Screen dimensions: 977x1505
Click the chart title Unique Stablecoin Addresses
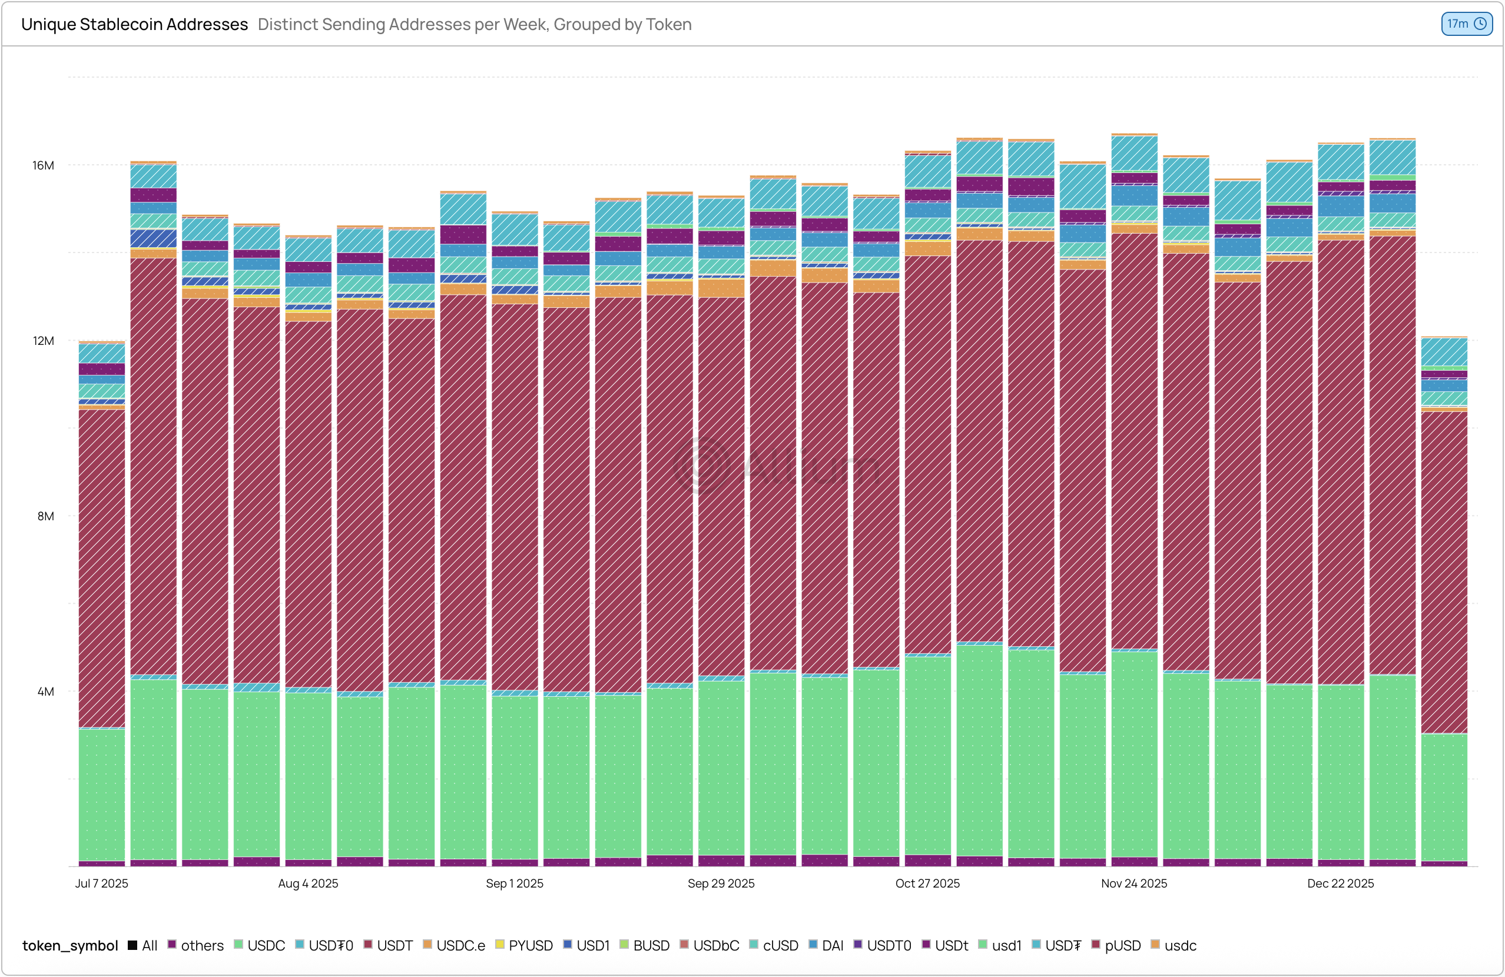134,24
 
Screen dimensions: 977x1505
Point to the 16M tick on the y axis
44,165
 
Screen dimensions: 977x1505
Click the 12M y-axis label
44,341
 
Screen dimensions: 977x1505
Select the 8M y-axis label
45,516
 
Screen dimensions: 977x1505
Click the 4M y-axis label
45,692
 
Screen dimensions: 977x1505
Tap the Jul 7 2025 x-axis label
102,883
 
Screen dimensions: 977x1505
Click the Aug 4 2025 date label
308,883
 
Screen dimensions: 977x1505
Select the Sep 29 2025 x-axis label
721,883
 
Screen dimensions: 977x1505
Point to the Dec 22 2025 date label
1341,883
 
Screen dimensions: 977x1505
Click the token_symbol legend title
70,945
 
